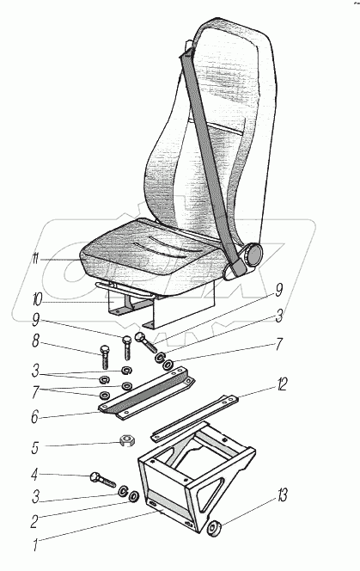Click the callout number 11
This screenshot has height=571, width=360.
coord(35,259)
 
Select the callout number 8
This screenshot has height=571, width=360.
coord(35,342)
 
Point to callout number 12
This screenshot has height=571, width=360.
coord(281,385)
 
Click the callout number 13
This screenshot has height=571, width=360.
coord(282,496)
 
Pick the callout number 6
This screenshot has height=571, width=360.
coord(34,417)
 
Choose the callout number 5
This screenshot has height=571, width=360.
coord(34,448)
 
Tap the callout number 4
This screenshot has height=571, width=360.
coord(34,475)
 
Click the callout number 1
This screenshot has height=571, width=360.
coord(35,545)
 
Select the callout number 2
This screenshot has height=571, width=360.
coord(34,522)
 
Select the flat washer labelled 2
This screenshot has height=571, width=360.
coord(133,496)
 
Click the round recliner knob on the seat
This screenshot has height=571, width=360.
coord(253,255)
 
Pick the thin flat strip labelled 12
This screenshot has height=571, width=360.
coord(195,419)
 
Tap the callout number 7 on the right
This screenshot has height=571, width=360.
coord(278,344)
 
